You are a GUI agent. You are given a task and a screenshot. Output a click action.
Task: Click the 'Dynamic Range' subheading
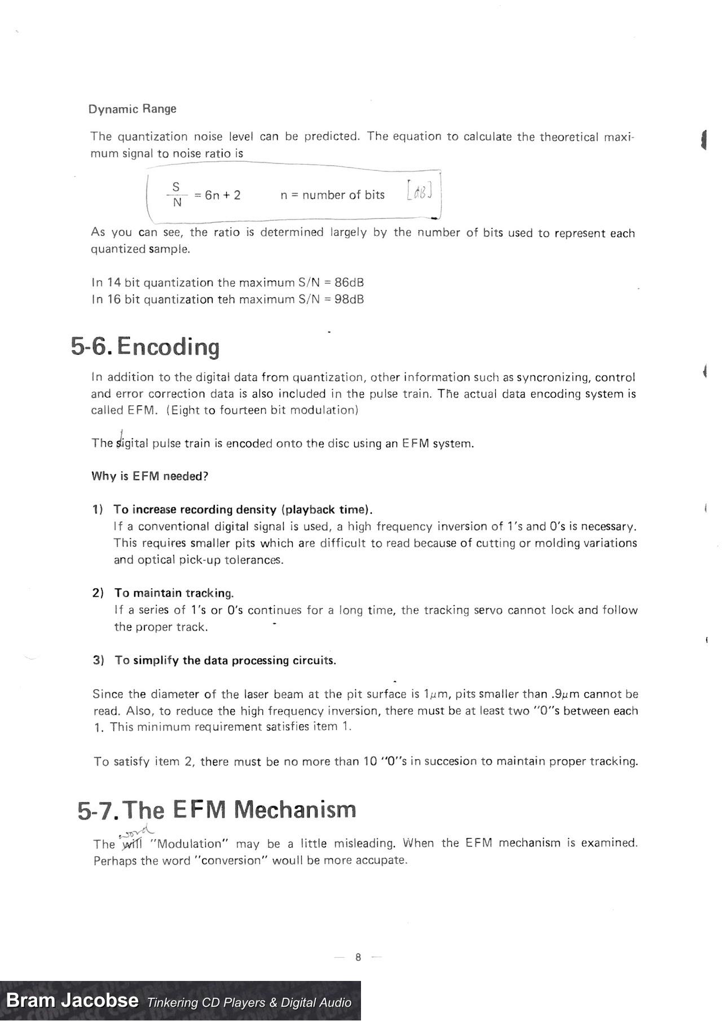click(x=132, y=109)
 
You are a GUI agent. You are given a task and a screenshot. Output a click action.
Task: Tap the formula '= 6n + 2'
click(x=217, y=195)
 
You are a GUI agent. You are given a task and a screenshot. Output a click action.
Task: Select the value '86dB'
click(x=349, y=282)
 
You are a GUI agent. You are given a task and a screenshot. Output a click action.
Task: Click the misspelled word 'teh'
click(x=226, y=299)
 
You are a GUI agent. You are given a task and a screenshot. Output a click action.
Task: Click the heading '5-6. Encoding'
click(x=145, y=346)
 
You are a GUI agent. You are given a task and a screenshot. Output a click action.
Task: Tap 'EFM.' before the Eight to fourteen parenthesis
click(x=143, y=410)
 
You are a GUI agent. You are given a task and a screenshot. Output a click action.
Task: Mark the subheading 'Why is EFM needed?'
click(x=149, y=476)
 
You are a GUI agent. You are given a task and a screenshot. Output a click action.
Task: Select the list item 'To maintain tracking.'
click(x=174, y=593)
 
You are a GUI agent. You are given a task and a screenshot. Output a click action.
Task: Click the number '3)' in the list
click(x=98, y=660)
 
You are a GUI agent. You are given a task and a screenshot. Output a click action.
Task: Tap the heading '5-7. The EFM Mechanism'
click(x=217, y=810)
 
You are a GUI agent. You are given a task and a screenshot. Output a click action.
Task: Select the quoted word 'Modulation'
click(x=189, y=844)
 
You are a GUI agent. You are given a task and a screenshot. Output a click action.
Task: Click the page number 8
click(x=358, y=957)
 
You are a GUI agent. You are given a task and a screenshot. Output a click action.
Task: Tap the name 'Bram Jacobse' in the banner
click(x=72, y=1000)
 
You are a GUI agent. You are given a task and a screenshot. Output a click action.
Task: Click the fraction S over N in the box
click(x=177, y=194)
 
